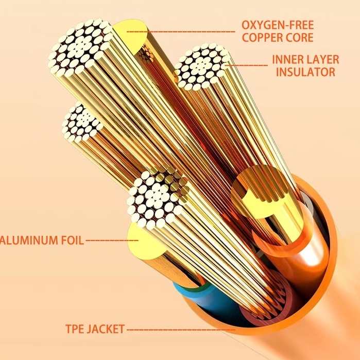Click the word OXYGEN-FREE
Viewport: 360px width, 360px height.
[278, 25]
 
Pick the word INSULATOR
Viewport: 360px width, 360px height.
[305, 72]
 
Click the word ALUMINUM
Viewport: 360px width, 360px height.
[29, 241]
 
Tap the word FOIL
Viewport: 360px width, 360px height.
[72, 241]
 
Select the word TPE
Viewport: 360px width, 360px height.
[76, 329]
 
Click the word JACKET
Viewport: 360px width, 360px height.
[106, 329]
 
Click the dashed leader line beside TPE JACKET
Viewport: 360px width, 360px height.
[181, 330]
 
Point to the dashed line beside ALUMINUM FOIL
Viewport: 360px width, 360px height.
[112, 241]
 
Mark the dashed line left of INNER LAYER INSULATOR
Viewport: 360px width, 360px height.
[246, 65]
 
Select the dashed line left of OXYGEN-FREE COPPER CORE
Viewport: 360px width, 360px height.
[181, 31]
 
